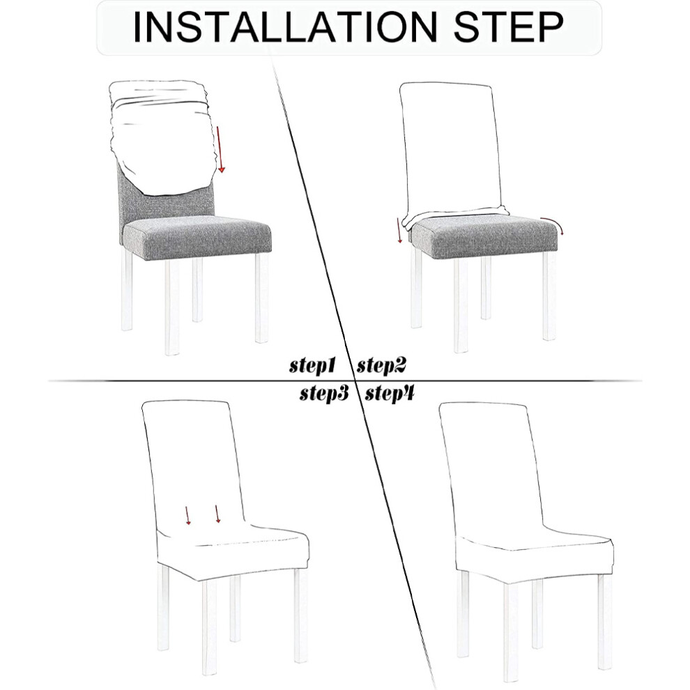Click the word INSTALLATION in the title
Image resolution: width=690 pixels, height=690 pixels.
point(285,27)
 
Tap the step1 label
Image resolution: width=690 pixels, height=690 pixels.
point(312,365)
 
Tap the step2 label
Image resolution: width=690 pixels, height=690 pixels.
point(381,365)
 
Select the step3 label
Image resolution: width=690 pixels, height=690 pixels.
point(324,393)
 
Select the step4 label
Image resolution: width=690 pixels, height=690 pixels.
point(390,393)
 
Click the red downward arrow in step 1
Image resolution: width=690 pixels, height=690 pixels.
point(220,150)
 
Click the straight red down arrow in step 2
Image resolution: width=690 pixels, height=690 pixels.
point(399,229)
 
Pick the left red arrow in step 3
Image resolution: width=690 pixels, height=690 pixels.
point(187,515)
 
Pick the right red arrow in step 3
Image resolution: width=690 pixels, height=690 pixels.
point(217,514)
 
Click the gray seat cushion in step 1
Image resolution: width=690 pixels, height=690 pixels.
point(197,238)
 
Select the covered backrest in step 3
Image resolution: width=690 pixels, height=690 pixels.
point(194,466)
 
